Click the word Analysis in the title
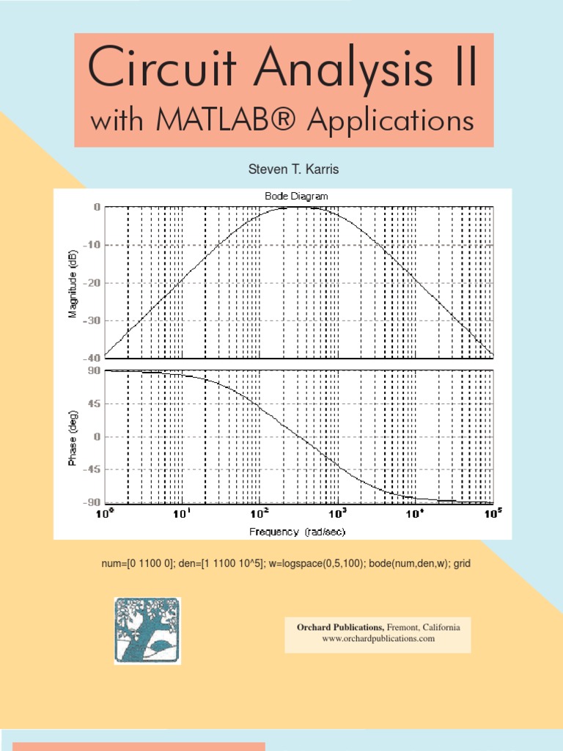pyautogui.click(x=325, y=70)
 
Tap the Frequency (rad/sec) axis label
pyautogui.click(x=297, y=531)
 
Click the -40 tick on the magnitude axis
pyautogui.click(x=92, y=358)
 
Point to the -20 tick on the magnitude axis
pyautogui.click(x=92, y=282)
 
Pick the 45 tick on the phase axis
pyautogui.click(x=94, y=403)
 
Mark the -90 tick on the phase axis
pyautogui.click(x=92, y=502)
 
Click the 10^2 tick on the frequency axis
pyautogui.click(x=260, y=514)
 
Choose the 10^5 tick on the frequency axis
pyautogui.click(x=493, y=514)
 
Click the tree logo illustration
pyautogui.click(x=147, y=630)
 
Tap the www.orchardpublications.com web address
pyautogui.click(x=378, y=639)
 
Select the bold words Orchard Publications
pyautogui.click(x=339, y=627)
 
